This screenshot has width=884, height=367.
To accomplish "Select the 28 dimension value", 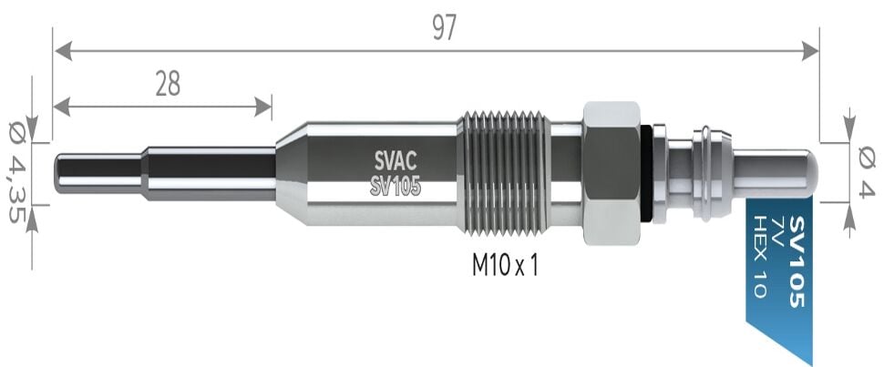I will pyautogui.click(x=168, y=85).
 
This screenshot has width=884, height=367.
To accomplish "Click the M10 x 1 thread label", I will pyautogui.click(x=506, y=265).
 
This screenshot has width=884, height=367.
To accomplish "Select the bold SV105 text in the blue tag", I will pyautogui.click(x=797, y=260).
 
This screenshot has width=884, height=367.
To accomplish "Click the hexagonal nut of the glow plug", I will pyautogui.click(x=610, y=173).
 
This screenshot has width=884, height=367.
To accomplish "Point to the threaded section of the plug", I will pyautogui.click(x=504, y=173).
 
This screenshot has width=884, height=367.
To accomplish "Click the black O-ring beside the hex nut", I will pyautogui.click(x=646, y=173).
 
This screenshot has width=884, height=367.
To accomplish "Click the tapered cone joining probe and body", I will pyautogui.click(x=289, y=173).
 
